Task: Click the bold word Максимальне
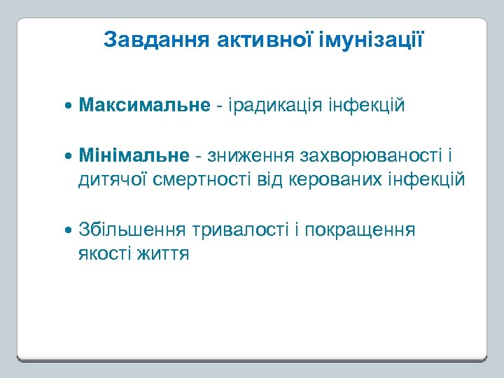144,106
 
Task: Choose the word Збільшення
132,230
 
